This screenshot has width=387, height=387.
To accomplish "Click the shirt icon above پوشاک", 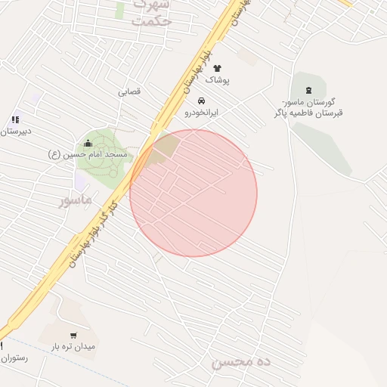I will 218,69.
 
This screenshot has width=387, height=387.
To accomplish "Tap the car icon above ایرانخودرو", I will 201,101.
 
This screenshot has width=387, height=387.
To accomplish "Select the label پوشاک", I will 218,79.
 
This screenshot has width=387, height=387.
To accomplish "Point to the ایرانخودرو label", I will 202,112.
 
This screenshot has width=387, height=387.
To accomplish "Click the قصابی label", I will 128,92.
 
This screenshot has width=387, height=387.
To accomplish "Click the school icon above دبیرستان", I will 15,119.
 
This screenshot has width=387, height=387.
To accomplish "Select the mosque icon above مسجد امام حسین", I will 88,143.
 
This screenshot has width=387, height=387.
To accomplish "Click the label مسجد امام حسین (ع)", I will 88,154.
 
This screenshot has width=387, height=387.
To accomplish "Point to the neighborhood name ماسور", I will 75,200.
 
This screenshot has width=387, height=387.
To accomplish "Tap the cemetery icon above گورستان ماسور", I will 308,91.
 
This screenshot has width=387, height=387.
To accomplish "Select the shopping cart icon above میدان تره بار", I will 73,336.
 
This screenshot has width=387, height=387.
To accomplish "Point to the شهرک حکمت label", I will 151,14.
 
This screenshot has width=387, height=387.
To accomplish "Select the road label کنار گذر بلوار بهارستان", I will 92,231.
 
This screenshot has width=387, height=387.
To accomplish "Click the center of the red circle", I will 193,193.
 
